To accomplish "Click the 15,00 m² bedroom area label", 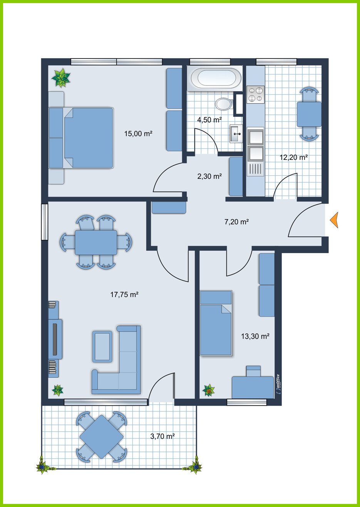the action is coord(138,134).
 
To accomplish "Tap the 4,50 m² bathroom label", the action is coord(209,119).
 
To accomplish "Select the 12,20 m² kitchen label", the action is coord(294,157).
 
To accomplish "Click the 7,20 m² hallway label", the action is coord(237,222).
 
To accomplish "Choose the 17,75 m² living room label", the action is coord(124,294).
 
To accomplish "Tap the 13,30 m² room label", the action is coord(255,336).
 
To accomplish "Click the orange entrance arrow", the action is coord(335,220).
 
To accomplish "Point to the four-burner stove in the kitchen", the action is coord(256,94).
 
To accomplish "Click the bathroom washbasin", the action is coord(236,133).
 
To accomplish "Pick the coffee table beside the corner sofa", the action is coord(102,346).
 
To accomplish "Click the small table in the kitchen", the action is coord(309,114).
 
